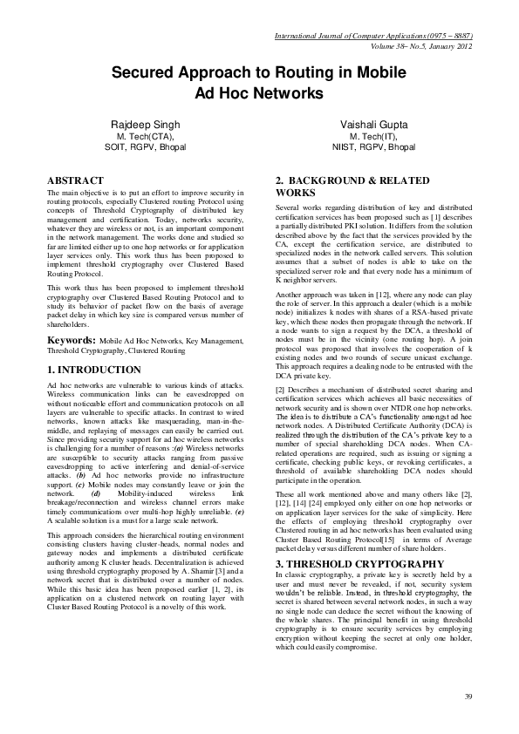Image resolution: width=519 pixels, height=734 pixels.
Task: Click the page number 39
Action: (x=468, y=696)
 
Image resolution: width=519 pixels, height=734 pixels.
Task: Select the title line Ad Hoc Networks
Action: (x=259, y=92)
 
